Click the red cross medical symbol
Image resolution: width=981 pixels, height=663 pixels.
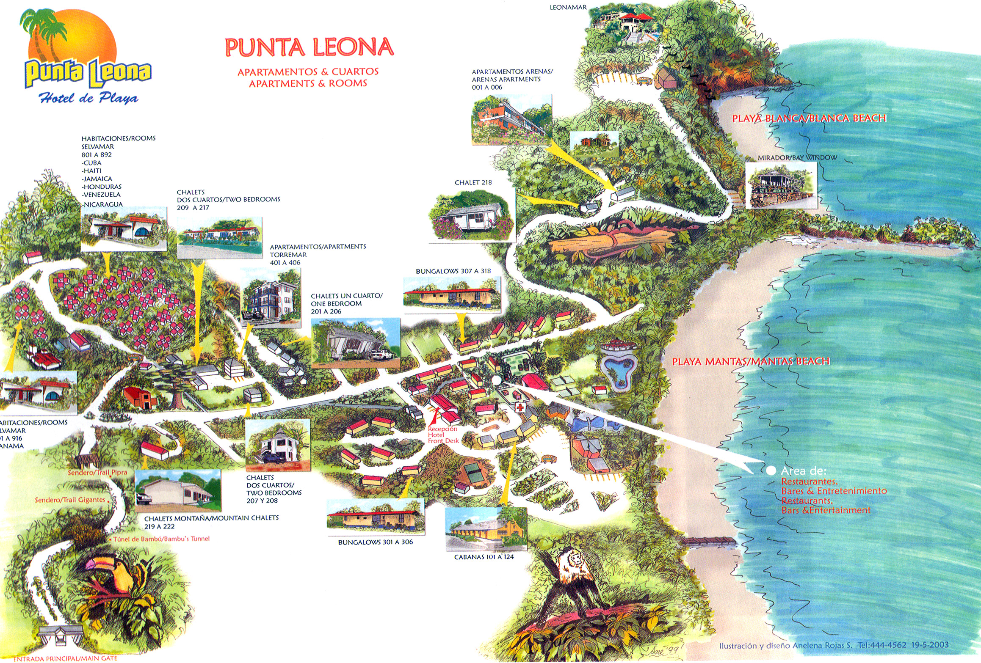[519, 407]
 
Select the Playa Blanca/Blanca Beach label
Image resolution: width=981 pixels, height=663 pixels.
[809, 118]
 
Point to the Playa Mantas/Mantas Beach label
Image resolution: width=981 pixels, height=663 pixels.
[751, 361]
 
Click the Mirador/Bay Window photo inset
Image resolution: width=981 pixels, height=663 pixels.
[781, 185]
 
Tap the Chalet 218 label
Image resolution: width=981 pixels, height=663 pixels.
[473, 182]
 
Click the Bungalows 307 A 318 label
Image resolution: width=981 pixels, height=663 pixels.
[453, 271]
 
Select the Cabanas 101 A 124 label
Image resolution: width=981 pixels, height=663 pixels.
[484, 557]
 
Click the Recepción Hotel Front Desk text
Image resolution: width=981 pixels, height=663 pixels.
[443, 435]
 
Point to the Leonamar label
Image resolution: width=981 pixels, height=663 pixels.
[568, 7]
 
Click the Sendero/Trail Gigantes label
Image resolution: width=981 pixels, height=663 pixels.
[70, 500]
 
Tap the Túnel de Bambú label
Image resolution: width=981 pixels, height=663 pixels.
[161, 539]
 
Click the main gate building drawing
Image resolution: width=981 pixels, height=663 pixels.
[60, 634]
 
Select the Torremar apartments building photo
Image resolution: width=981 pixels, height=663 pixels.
[271, 299]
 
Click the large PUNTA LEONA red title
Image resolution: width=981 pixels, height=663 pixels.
[309, 47]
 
